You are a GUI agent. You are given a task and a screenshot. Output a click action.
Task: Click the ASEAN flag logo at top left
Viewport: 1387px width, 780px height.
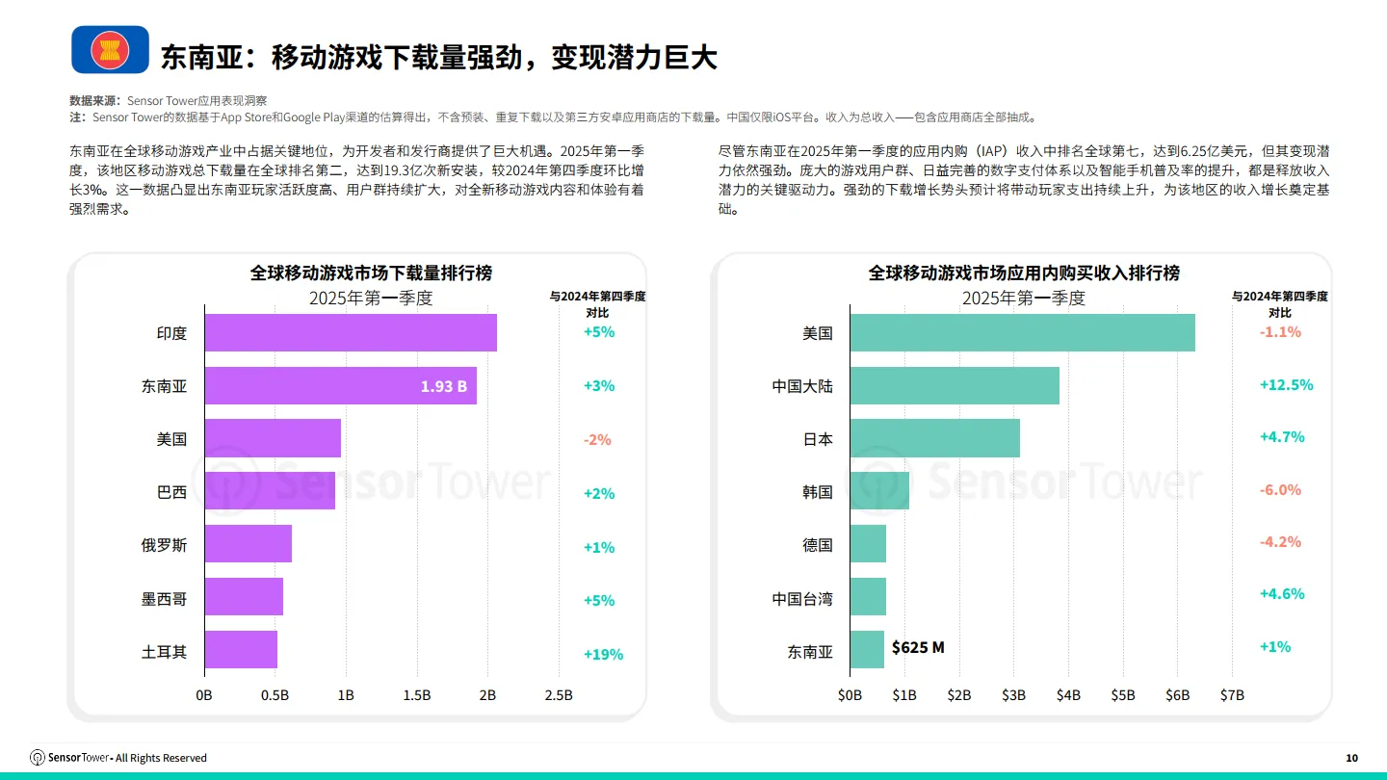111,50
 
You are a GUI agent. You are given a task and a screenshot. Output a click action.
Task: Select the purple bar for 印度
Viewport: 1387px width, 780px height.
351,333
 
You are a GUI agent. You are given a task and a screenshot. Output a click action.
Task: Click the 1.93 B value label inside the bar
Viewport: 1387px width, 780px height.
443,386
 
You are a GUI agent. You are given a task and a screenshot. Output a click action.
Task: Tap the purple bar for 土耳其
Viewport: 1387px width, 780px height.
241,650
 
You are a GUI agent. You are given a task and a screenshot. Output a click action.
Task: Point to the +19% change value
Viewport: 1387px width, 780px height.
603,655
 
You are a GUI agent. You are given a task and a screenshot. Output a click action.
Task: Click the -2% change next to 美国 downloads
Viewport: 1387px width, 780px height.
597,440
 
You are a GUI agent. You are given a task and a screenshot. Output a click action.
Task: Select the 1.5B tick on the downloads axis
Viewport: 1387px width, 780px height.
416,695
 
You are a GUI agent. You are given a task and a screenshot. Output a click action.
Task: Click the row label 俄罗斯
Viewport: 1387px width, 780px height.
165,545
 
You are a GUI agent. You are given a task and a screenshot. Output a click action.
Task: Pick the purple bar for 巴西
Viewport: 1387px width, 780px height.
270,491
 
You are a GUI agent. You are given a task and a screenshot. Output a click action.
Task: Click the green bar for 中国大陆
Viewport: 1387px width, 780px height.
955,385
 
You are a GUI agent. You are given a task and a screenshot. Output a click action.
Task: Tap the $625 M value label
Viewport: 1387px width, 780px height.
918,648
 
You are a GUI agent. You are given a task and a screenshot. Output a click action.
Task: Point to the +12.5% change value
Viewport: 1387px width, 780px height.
1286,385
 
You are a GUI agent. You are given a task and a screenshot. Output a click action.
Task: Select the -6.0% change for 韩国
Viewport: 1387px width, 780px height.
1280,490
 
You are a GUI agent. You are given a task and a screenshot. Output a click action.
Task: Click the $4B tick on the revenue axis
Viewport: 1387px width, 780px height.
1068,695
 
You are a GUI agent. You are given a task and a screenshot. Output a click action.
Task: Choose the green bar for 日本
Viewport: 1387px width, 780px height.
934,438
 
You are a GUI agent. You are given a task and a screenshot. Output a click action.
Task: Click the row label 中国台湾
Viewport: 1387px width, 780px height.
802,599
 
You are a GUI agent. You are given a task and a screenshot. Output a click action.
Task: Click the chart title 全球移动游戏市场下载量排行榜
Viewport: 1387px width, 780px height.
371,273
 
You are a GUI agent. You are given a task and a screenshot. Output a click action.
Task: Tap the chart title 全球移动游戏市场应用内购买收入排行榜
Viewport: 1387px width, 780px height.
1024,273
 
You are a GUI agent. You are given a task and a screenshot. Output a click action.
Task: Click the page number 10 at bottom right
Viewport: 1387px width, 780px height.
1351,759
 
